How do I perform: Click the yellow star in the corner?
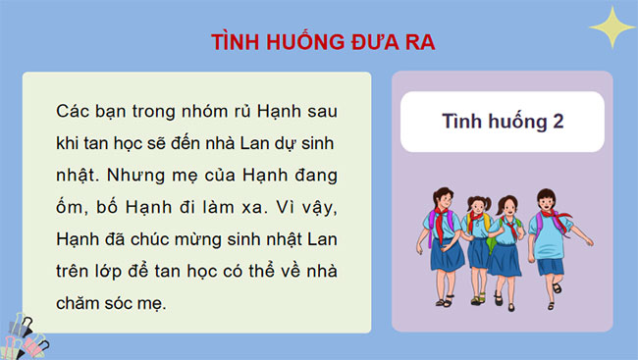609,26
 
